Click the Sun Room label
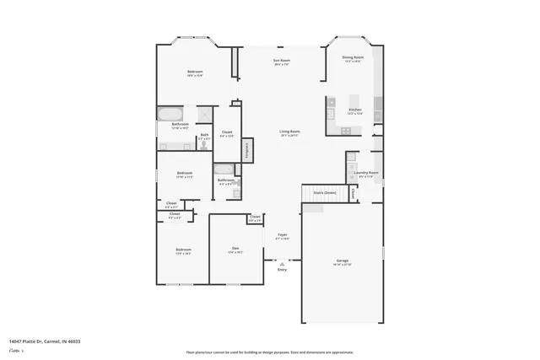pos(281,61)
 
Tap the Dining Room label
pos(352,58)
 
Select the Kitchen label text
pos(354,110)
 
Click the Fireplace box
pos(246,148)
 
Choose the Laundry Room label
pos(366,174)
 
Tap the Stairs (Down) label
pos(325,193)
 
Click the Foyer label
pos(283,235)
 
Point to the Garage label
pos(343,261)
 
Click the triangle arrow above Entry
pos(282,261)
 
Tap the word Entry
pos(282,269)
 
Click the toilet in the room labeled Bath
pos(203,145)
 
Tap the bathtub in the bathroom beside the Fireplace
pos(235,190)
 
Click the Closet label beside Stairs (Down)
pos(353,193)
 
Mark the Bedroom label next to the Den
pos(183,250)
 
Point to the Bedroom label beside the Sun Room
pos(195,73)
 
